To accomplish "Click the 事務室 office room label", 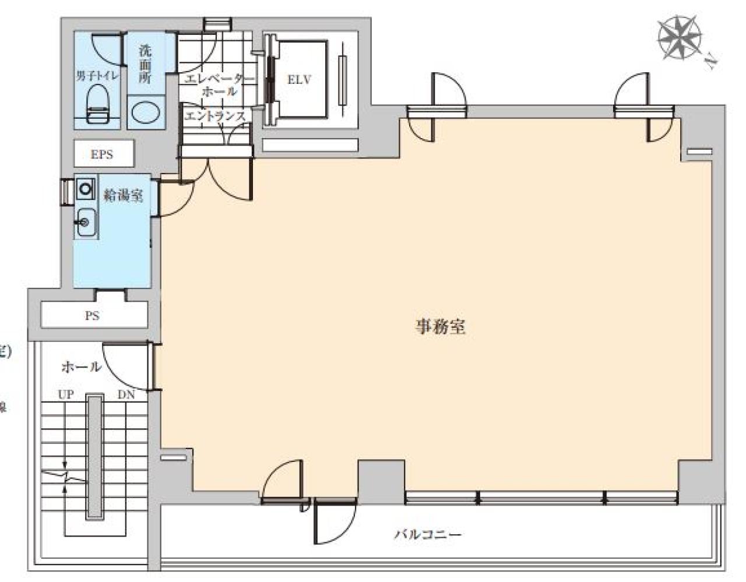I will coord(440,327).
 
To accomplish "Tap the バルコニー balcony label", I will coord(428,534).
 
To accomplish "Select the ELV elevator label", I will coord(299,79).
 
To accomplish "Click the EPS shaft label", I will coord(101,155).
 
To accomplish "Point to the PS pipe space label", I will coord(92,316).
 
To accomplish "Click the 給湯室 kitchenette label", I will coord(123,195).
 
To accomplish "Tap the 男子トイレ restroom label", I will coord(97,76).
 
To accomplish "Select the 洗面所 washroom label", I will coord(145,64).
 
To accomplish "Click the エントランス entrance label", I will coord(215,116).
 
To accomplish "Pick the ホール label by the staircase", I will coord(81,367).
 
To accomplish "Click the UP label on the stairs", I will coord(65,394).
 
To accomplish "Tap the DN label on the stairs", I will coord(126,394).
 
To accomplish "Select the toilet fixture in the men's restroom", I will coord(97,105).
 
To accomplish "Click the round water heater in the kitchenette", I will coord(86,189).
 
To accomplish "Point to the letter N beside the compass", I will coord(710,61).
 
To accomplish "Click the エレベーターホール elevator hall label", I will coord(219,85).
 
